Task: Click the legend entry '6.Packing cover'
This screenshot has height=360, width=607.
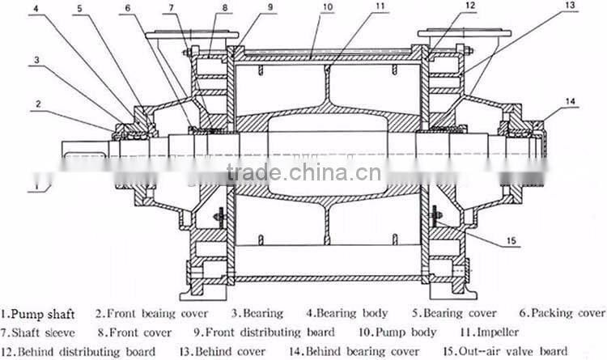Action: pyautogui.click(x=562, y=313)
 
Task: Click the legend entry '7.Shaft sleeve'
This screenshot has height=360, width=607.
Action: pyautogui.click(x=40, y=332)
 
